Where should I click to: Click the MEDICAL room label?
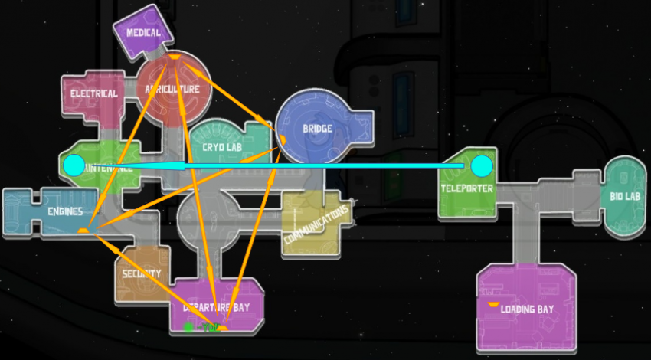point(143,33)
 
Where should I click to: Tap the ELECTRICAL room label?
point(93,94)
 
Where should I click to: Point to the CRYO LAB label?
point(223,146)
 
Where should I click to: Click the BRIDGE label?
point(317,129)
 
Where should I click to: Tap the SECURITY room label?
point(142,273)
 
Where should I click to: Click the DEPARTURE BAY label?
point(217,308)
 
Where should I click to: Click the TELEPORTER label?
point(466,188)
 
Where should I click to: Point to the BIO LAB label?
point(625,196)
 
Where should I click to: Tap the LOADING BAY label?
point(527,310)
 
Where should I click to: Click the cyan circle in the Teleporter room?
point(481,165)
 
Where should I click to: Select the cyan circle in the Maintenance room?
point(74,165)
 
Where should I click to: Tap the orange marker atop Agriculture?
point(175,57)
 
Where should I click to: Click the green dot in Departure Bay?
point(188,327)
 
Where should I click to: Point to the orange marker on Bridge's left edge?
point(282,139)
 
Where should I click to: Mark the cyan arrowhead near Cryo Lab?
point(178,165)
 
